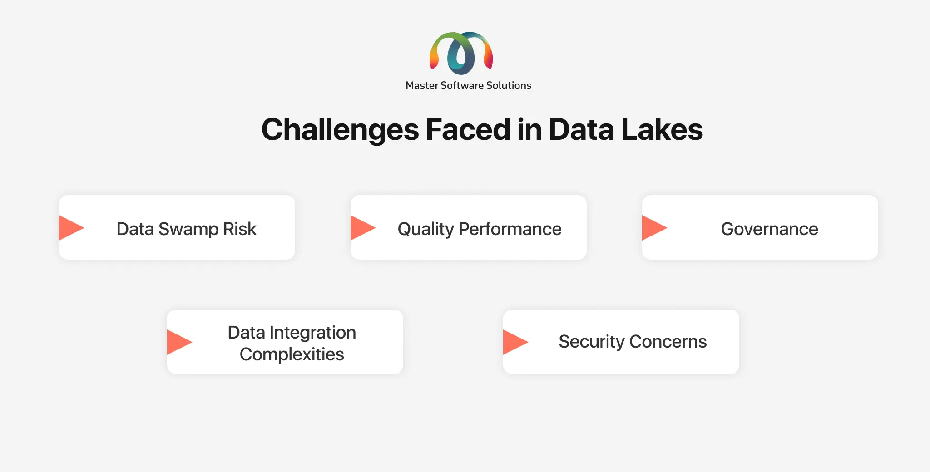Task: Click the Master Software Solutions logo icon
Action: coord(461,53)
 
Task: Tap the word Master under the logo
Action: coord(422,85)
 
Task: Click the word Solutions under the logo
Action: coord(509,85)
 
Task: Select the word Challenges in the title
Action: coord(341,130)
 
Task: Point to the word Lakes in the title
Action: coord(662,129)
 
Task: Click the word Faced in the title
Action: coord(468,129)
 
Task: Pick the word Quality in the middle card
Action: coord(425,230)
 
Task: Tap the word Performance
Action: coord(510,229)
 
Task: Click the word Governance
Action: coord(770,229)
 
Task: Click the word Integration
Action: coord(313,333)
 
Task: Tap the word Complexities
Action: coord(292,354)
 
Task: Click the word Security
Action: coord(592,342)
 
